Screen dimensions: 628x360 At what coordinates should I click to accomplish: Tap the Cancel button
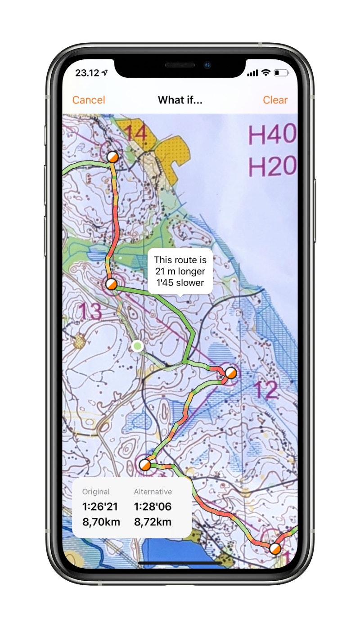click(x=89, y=100)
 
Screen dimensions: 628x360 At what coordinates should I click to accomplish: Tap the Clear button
click(x=275, y=100)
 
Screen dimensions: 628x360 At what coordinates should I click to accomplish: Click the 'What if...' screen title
click(x=180, y=100)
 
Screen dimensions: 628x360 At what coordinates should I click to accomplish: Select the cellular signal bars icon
click(x=253, y=73)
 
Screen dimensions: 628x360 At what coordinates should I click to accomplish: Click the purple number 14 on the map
click(x=135, y=134)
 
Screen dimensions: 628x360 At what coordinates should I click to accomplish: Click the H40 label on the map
click(x=272, y=135)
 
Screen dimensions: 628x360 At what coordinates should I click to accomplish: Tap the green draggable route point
click(x=138, y=346)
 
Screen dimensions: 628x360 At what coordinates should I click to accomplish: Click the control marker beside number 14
click(x=112, y=157)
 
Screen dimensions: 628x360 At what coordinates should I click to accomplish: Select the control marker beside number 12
click(x=230, y=373)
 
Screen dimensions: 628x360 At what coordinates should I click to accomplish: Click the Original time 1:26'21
click(x=100, y=507)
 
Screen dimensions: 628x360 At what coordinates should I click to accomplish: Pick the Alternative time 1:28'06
click(x=153, y=507)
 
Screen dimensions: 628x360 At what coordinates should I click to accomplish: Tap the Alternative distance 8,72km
click(x=153, y=522)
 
